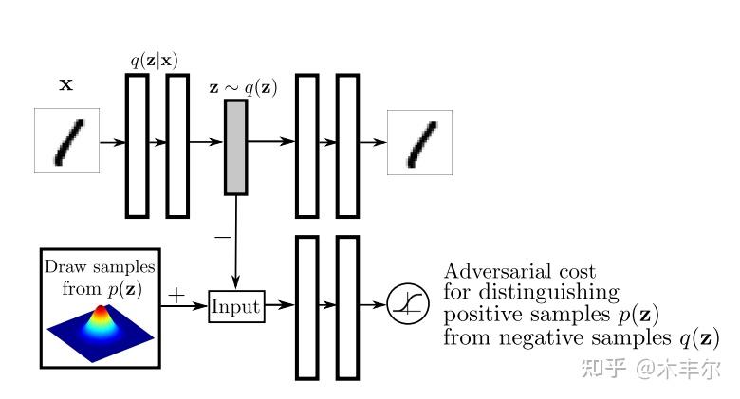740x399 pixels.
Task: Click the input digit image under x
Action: pyautogui.click(x=66, y=140)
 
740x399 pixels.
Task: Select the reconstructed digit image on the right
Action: pyautogui.click(x=419, y=142)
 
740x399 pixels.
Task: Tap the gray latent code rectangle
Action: pyautogui.click(x=235, y=147)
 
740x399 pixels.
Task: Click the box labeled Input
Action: pyautogui.click(x=236, y=306)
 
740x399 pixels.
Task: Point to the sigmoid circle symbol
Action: pyautogui.click(x=408, y=304)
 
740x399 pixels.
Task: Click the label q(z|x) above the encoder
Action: pyautogui.click(x=155, y=61)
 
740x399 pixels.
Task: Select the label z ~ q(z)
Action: pyautogui.click(x=243, y=88)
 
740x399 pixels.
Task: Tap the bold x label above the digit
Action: pyautogui.click(x=66, y=85)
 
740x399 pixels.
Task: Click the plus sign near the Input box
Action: pyautogui.click(x=176, y=296)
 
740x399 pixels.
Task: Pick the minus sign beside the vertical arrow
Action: pyautogui.click(x=223, y=237)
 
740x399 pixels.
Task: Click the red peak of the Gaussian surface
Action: pyautogui.click(x=101, y=310)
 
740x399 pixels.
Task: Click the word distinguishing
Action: pyautogui.click(x=549, y=294)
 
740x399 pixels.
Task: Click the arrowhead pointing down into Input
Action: pyautogui.click(x=236, y=283)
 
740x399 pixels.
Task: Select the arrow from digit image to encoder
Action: pyautogui.click(x=113, y=142)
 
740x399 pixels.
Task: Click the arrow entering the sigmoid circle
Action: pyautogui.click(x=373, y=304)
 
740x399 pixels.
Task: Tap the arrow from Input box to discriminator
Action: pyautogui.click(x=280, y=305)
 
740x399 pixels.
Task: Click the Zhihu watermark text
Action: pyautogui.click(x=651, y=368)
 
